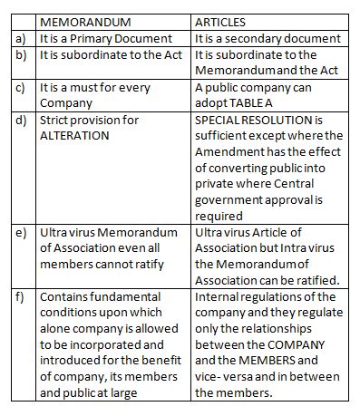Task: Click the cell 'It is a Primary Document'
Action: [x=105, y=39]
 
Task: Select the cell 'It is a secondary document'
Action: [x=268, y=39]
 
